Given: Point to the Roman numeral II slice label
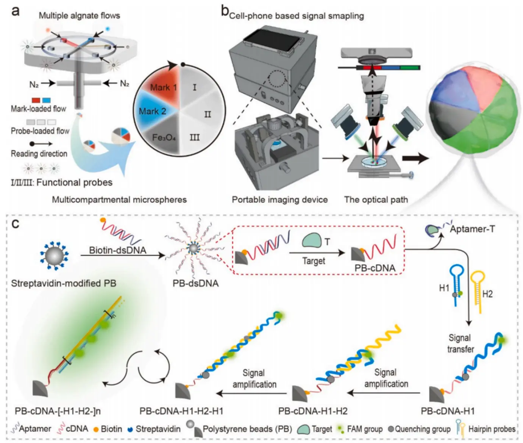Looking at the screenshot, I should (208, 114).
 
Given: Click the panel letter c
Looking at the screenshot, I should (16, 224).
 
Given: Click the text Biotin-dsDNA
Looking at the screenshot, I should (117, 250).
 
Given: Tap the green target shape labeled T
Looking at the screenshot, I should (312, 241).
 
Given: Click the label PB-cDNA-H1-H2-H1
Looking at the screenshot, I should (181, 411).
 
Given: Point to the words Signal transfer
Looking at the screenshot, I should (460, 343).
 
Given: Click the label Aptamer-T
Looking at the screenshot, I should (472, 229).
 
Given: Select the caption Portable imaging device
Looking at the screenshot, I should (279, 200).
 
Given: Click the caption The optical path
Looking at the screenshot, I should (376, 200).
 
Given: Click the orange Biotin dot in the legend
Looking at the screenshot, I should (96, 429).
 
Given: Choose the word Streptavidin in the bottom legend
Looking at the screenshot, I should (158, 429).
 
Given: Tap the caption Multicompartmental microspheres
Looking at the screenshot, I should (119, 200).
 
